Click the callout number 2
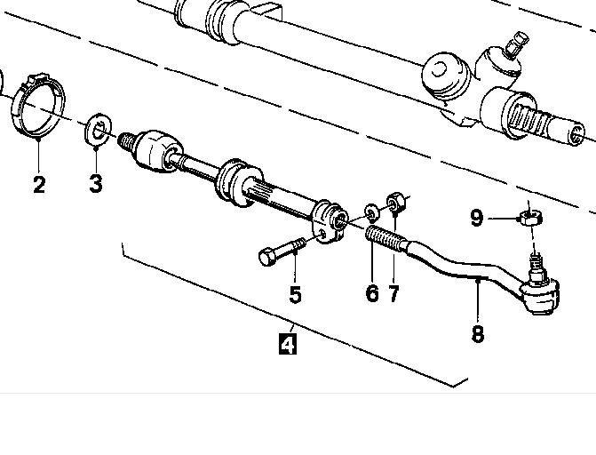39,184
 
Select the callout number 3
96,183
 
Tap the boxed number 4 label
288,344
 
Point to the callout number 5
296,294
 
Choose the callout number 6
372,293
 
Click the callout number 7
393,293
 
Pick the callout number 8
477,333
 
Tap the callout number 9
477,218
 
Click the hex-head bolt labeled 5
282,251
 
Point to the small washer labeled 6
372,213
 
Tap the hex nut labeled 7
396,202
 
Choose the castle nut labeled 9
530,218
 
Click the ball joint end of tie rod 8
540,294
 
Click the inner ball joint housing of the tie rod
157,151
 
